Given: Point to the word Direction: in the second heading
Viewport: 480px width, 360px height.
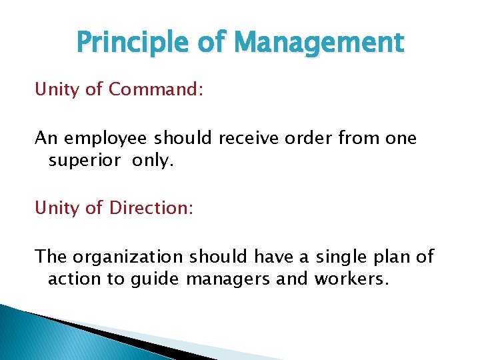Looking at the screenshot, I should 151,209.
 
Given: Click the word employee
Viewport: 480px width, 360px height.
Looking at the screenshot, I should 107,139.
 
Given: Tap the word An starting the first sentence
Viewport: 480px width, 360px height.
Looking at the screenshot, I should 45,138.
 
